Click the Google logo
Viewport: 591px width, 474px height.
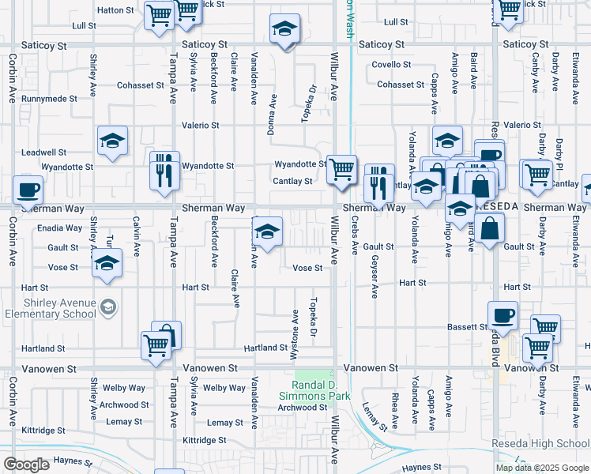26,465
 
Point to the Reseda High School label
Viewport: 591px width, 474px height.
540,443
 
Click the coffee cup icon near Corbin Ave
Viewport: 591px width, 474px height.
28,190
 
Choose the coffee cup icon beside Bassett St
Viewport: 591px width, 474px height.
503,316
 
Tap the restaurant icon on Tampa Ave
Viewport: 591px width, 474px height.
164,171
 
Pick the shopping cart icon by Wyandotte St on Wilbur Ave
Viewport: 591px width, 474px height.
341,168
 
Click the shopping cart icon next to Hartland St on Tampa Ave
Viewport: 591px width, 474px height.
156,344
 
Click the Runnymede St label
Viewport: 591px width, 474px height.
49,99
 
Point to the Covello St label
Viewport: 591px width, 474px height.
392,65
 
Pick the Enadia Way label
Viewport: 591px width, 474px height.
60,228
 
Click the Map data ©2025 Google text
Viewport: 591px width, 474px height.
541,468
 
